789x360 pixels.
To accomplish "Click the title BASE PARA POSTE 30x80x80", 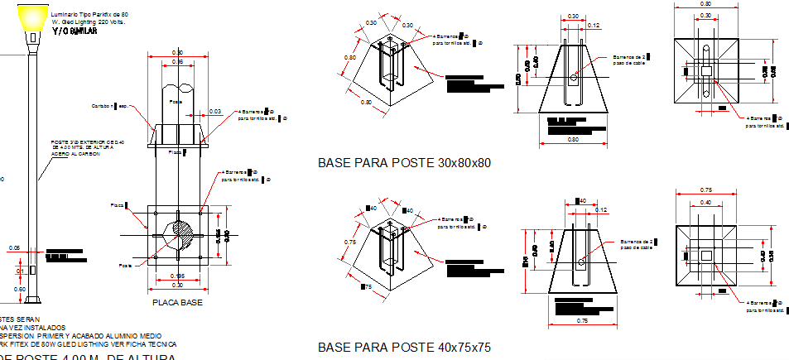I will click(404, 163).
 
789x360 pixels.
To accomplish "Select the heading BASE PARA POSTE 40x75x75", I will click(404, 347).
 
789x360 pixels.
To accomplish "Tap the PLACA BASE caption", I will click(176, 303).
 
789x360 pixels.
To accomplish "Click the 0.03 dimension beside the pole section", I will click(215, 111).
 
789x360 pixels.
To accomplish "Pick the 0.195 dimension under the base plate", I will click(176, 276).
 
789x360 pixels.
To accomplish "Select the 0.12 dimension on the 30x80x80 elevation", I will click(593, 26).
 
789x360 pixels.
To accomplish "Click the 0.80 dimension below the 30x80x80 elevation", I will click(572, 140).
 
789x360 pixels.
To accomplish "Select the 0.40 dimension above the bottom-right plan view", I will click(705, 203).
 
